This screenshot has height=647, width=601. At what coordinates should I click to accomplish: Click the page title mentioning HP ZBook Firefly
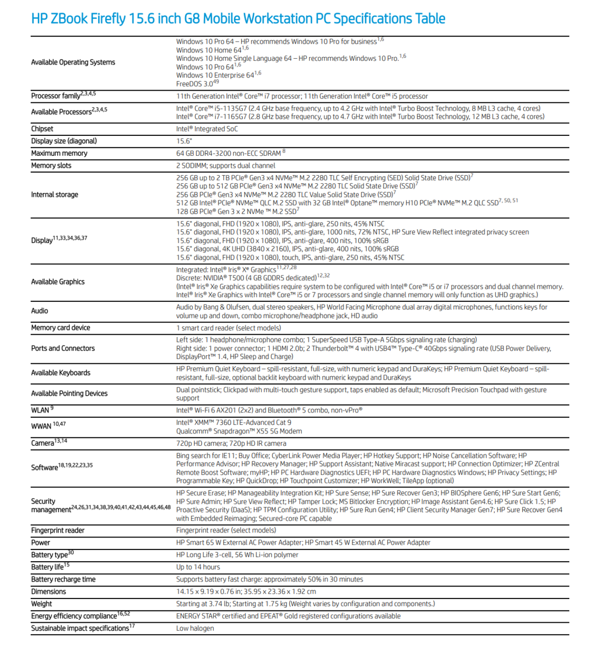[238, 19]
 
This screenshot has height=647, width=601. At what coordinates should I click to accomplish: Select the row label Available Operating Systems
[73, 63]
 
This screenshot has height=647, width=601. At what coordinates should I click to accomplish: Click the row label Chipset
[42, 129]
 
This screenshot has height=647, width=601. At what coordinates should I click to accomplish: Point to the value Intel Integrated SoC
[207, 129]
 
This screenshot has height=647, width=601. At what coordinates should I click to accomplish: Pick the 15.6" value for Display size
[184, 141]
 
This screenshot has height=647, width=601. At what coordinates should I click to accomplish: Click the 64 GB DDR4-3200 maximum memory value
[229, 153]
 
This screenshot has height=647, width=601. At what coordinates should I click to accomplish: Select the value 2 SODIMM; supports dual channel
[226, 166]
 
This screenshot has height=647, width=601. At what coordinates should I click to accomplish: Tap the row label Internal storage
[54, 195]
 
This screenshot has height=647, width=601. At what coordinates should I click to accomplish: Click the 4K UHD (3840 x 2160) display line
[287, 249]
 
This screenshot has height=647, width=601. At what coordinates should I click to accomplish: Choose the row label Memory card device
[60, 328]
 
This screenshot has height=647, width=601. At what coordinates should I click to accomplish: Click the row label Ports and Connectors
[63, 348]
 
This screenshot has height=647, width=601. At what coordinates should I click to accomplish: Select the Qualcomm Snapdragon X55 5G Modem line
[239, 431]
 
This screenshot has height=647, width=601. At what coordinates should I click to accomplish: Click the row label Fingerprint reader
[58, 531]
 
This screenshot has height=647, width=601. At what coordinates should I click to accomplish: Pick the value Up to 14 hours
[198, 567]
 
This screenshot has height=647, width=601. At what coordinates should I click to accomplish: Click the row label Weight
[42, 604]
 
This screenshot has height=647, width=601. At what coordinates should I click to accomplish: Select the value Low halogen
[195, 628]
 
